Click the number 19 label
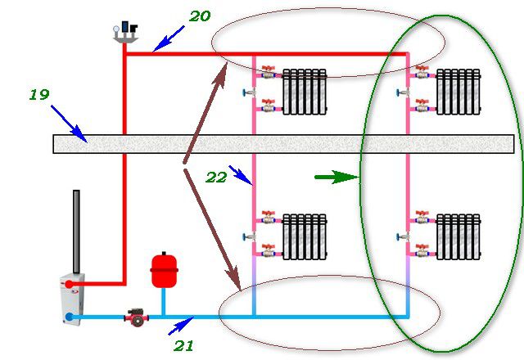click(x=39, y=95)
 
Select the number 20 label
click(x=200, y=16)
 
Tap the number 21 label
click(x=183, y=345)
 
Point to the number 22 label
click(x=216, y=178)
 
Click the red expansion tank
click(x=164, y=270)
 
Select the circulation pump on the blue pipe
click(x=137, y=317)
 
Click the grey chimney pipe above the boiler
click(x=76, y=232)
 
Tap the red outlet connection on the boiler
click(x=69, y=284)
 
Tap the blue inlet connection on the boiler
click(x=69, y=317)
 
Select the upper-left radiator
click(x=305, y=92)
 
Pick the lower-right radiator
click(x=458, y=236)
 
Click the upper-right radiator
click(x=458, y=92)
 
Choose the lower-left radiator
click(x=305, y=236)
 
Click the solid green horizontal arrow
click(x=337, y=177)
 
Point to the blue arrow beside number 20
click(x=169, y=38)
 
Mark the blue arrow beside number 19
click(x=69, y=124)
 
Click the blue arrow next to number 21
click(x=181, y=326)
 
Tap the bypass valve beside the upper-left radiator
click(x=249, y=92)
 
